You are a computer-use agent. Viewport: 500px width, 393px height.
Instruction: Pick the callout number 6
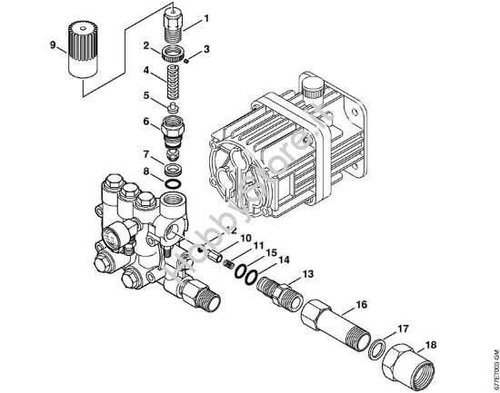(145, 121)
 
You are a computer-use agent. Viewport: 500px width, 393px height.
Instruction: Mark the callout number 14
(283, 260)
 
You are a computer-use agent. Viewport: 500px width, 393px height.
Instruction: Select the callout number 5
(145, 95)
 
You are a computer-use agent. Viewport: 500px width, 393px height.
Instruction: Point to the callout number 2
(145, 44)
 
